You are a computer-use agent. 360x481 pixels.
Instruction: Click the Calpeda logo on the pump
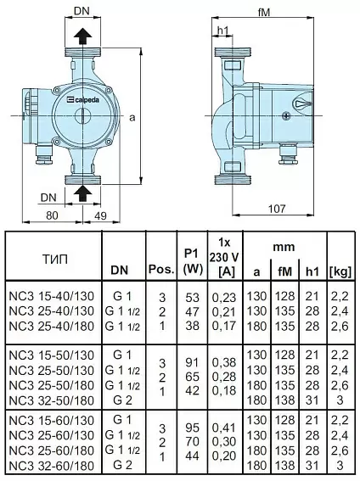click(83, 99)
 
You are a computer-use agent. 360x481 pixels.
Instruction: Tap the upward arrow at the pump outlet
click(83, 36)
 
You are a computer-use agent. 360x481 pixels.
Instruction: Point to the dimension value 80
click(52, 215)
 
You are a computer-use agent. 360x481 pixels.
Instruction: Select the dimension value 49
click(100, 215)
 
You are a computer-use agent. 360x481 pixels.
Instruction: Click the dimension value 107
click(277, 209)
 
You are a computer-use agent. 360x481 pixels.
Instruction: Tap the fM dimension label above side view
click(264, 12)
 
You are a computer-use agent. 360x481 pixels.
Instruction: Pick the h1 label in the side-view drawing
click(223, 30)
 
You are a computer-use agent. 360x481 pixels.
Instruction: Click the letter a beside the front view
click(132, 117)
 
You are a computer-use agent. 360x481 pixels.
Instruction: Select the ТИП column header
click(54, 260)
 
